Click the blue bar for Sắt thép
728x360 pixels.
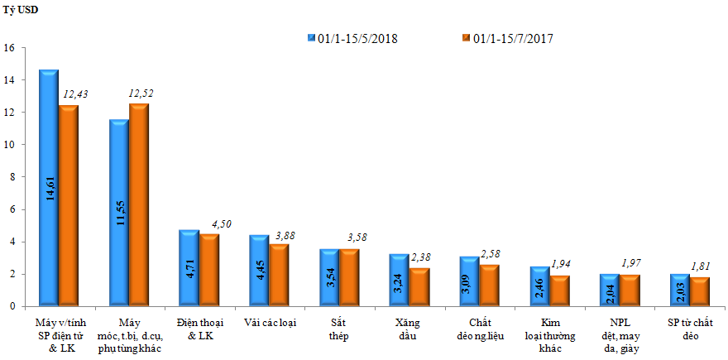click(328, 278)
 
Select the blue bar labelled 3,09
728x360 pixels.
click(469, 281)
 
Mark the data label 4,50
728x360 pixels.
click(222, 223)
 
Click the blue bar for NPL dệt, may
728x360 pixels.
click(609, 290)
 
